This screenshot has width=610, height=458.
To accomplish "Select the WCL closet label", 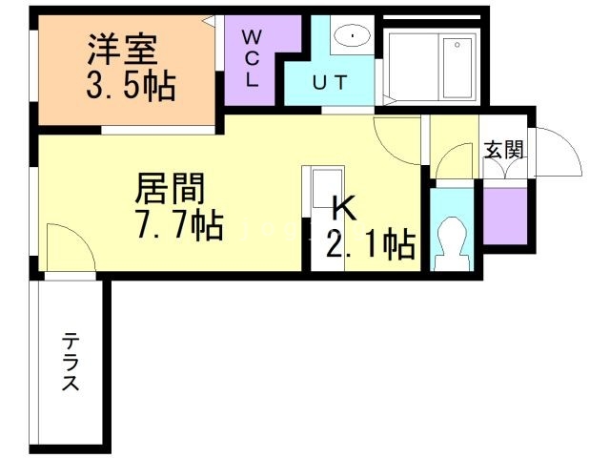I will [252, 58].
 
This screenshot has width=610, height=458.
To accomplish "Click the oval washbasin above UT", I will [354, 37].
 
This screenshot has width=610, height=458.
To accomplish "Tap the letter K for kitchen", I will [343, 208].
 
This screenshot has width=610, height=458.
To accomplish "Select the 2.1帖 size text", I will [370, 245].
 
